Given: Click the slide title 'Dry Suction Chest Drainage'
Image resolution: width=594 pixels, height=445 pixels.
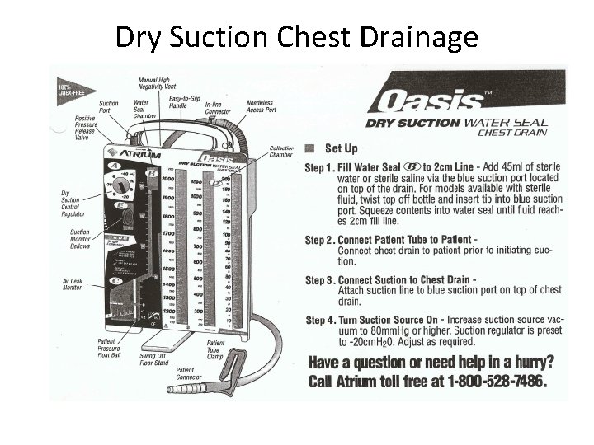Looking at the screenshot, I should (x=296, y=37).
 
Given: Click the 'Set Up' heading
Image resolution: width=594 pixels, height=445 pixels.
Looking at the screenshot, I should (x=340, y=149).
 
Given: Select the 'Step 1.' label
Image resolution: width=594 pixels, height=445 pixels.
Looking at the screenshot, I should (x=320, y=166).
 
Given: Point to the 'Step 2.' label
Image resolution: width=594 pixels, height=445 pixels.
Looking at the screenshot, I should (x=320, y=240).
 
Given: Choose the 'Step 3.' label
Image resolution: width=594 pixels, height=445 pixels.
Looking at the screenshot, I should (x=320, y=280).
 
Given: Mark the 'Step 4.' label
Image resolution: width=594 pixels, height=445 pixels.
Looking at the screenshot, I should (x=320, y=319).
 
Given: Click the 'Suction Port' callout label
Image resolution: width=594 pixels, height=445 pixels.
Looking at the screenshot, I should (x=110, y=107).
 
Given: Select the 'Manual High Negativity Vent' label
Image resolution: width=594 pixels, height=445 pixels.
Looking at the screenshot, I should (x=157, y=81).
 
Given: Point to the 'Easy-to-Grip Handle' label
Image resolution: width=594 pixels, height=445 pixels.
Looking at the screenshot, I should (x=185, y=102).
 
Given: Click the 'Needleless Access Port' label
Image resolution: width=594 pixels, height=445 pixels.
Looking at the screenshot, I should (x=261, y=107).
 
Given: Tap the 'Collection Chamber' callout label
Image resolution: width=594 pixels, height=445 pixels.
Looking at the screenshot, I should (x=281, y=152).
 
